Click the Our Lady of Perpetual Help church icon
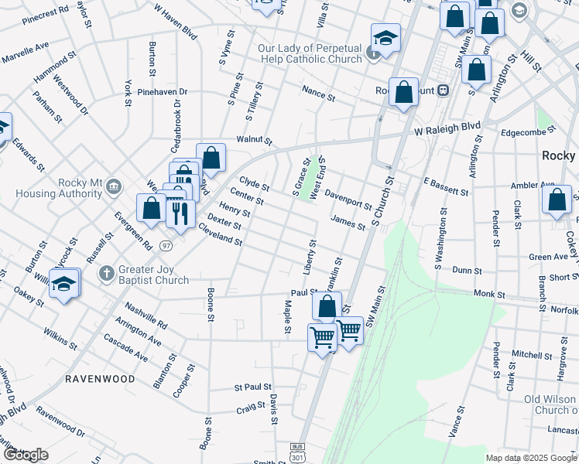(374, 54)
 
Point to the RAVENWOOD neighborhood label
(100, 379)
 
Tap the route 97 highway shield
(166, 245)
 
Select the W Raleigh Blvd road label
(447, 128)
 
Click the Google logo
(25, 455)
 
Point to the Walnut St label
(255, 140)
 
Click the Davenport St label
(348, 199)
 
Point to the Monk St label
(488, 295)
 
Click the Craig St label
(251, 408)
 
